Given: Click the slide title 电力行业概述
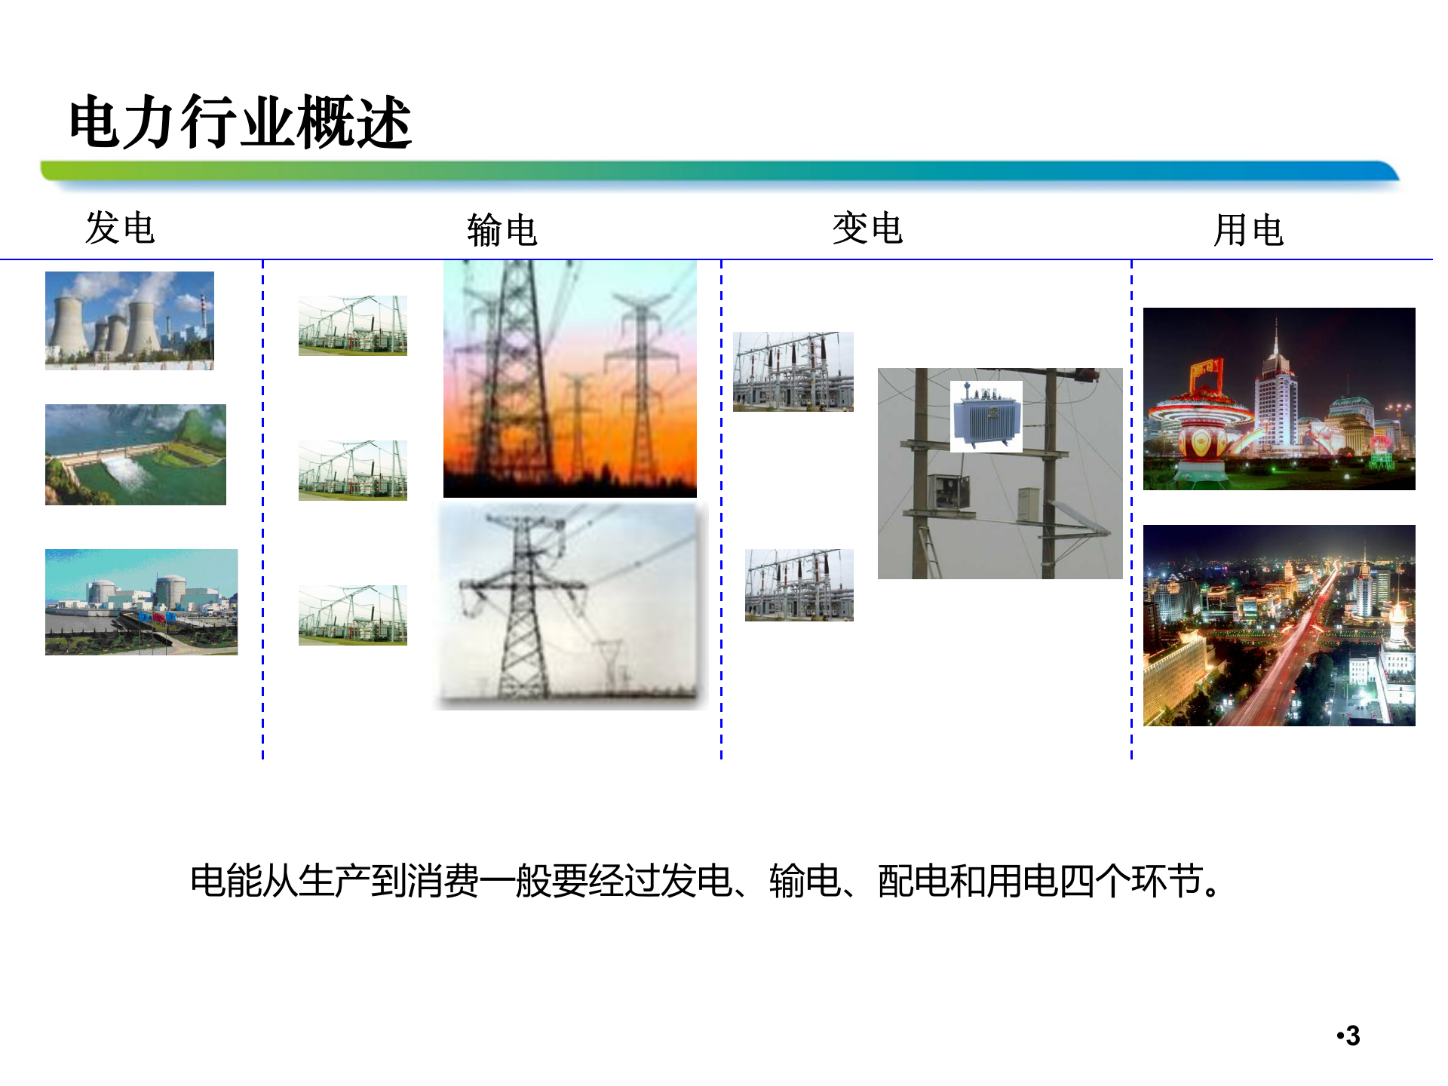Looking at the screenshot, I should [240, 122].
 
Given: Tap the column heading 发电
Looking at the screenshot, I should [120, 228].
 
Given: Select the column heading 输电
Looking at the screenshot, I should [502, 230].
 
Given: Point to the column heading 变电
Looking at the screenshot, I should [867, 228].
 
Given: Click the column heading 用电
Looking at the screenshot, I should [1248, 230].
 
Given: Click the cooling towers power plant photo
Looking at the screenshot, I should [130, 321].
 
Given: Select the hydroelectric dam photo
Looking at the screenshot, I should [136, 455].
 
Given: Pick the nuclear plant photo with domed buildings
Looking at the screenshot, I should [141, 602].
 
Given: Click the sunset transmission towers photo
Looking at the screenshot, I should [570, 379].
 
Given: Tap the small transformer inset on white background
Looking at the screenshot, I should [986, 416].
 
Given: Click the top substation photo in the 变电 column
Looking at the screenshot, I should [793, 372].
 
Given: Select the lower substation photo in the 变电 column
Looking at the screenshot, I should [799, 585].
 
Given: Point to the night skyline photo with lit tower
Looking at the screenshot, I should [1279, 399].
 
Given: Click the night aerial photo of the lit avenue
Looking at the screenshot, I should [1279, 625].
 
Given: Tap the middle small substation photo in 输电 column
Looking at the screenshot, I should [353, 471].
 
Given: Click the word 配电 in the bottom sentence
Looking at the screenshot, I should [913, 881].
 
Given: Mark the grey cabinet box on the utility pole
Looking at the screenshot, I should [1028, 503].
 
